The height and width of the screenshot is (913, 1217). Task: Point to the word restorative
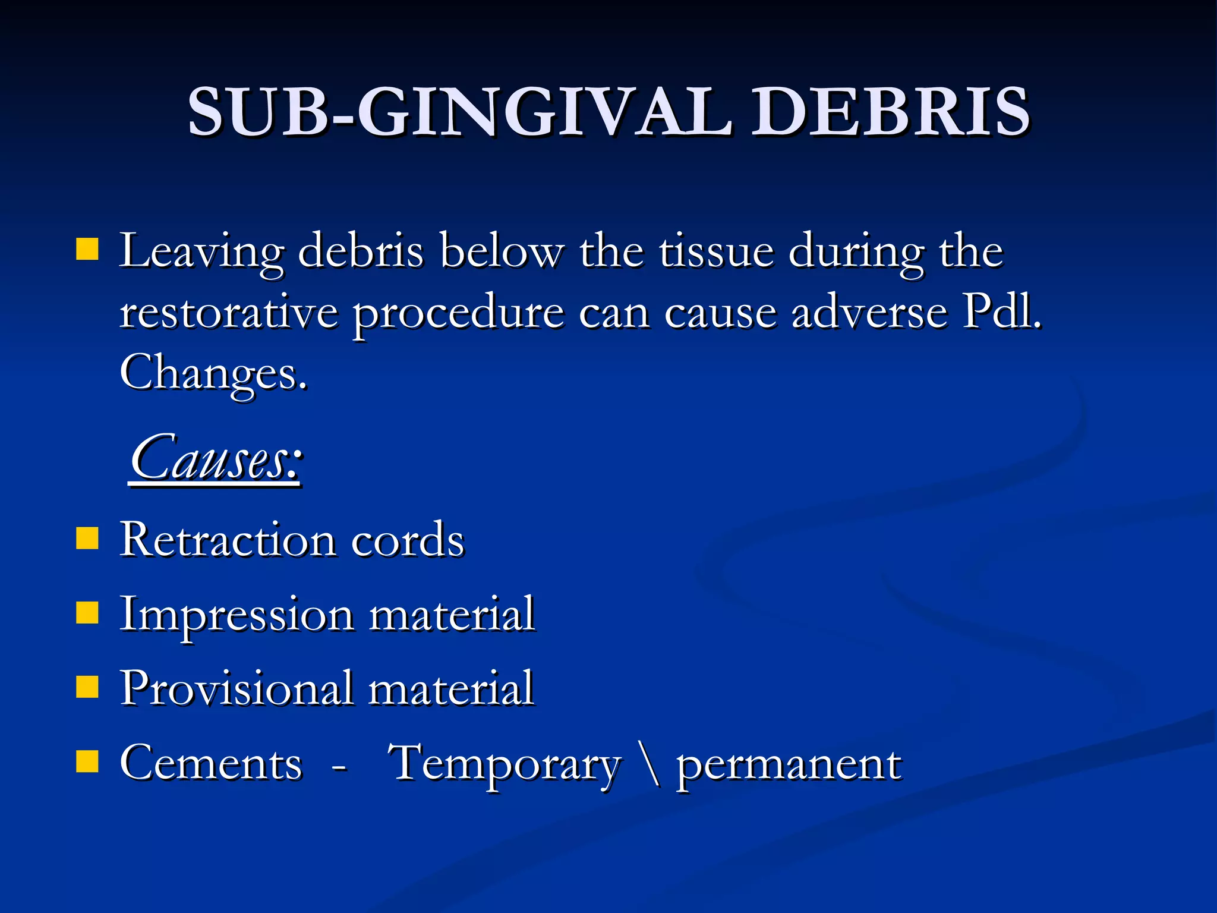point(229,313)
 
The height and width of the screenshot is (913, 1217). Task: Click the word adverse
point(869,313)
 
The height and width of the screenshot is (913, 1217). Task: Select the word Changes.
point(213,373)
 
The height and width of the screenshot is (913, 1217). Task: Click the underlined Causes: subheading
point(216,459)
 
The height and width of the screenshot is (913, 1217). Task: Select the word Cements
point(211,763)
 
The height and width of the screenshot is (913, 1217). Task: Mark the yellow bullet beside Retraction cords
point(87,539)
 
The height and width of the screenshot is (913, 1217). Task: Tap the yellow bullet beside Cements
point(87,761)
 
